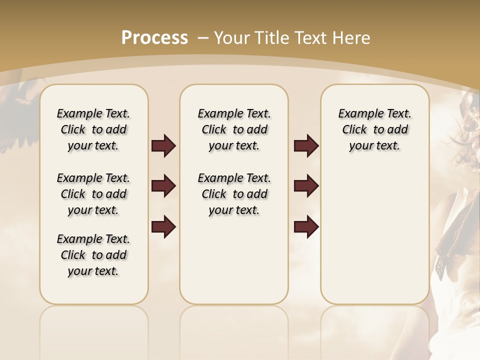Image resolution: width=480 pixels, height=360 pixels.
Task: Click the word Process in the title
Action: (154, 38)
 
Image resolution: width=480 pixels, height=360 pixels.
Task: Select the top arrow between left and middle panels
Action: (163, 146)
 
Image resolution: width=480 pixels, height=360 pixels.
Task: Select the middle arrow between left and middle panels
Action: (163, 186)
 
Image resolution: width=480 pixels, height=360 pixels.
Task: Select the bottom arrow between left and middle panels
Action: (163, 227)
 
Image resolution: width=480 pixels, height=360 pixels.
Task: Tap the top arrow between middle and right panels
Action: (306, 146)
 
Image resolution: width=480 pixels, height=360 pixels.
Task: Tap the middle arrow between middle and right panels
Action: (306, 186)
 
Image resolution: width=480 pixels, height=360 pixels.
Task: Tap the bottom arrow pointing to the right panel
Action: (306, 227)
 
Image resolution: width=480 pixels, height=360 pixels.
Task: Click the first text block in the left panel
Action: (93, 129)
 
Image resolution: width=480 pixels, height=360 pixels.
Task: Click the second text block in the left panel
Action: (93, 194)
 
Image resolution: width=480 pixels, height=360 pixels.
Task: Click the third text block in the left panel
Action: (93, 255)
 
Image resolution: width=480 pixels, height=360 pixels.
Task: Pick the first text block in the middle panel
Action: (234, 129)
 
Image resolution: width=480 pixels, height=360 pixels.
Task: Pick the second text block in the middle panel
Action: (234, 194)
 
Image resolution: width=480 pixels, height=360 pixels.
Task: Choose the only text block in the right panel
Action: (374, 129)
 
